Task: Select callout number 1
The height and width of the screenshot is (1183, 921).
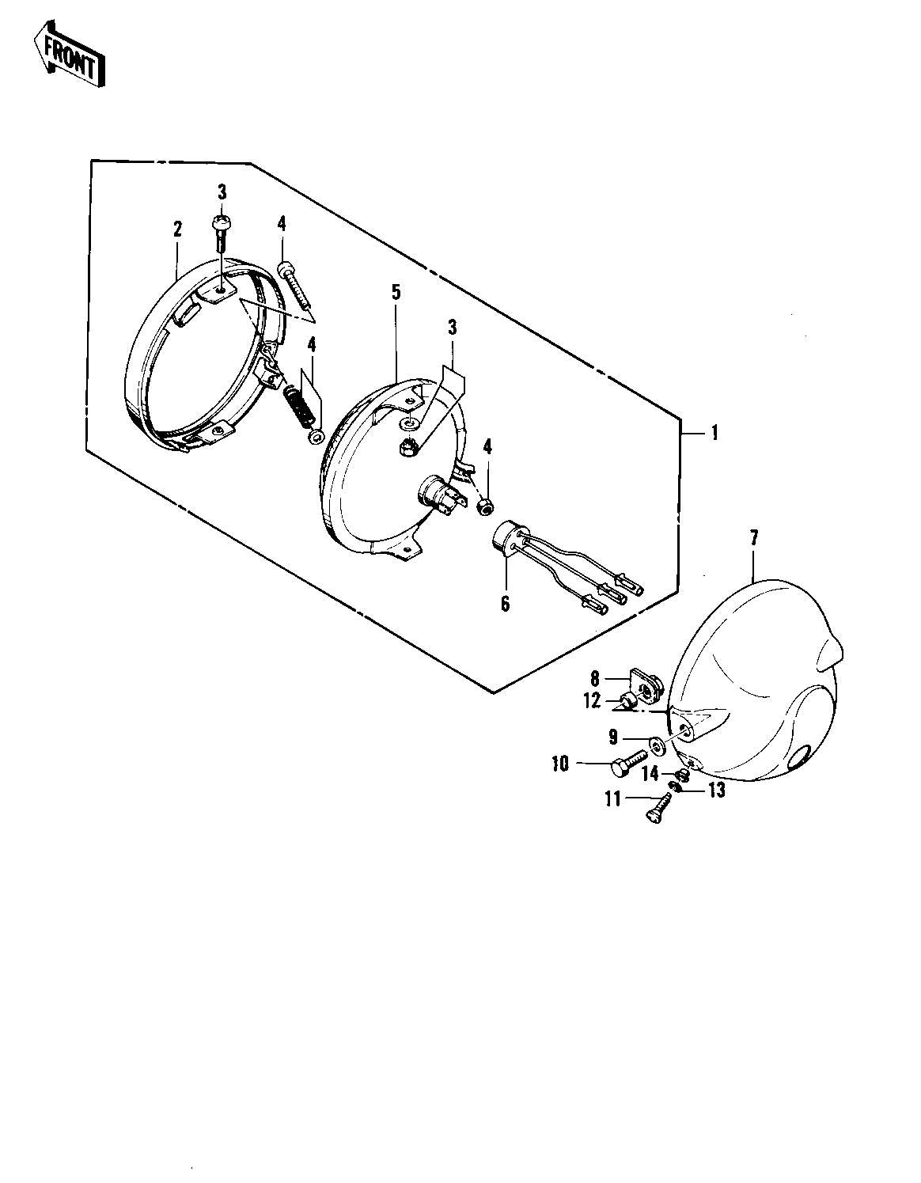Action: [x=714, y=433]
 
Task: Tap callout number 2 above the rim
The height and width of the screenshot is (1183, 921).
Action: [x=177, y=229]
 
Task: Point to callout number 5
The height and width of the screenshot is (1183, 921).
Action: [x=396, y=292]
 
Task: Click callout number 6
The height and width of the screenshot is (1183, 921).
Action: [x=505, y=603]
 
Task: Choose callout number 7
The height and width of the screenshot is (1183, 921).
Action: [x=754, y=538]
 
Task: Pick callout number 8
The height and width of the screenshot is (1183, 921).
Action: [x=594, y=678]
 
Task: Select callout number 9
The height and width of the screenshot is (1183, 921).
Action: [x=613, y=737]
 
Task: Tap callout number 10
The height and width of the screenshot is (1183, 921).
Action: [x=560, y=764]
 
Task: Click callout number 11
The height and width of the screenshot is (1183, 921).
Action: [x=613, y=799]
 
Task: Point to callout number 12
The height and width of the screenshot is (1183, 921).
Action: [x=592, y=700]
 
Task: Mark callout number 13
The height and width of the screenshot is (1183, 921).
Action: [x=718, y=790]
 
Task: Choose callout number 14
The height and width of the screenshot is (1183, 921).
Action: [x=650, y=773]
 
